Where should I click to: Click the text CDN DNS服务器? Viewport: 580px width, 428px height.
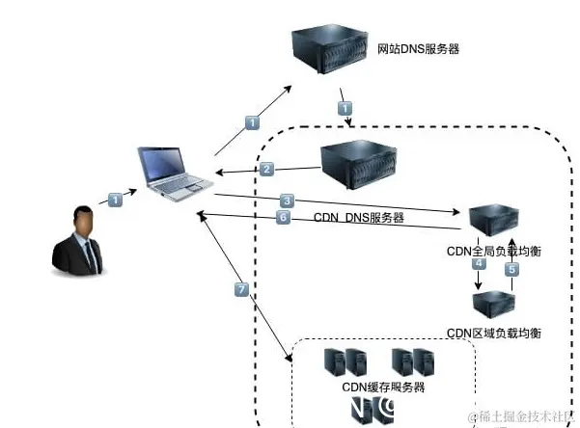coord(359,219)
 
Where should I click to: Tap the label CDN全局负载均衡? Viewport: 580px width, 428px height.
coord(494,252)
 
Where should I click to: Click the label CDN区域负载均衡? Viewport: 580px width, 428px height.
coord(494,334)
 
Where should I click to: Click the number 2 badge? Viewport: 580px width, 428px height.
coord(267,169)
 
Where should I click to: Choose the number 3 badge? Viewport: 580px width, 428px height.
coord(287,201)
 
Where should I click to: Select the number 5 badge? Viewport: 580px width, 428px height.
coord(512,271)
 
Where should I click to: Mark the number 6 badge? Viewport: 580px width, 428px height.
coord(283,218)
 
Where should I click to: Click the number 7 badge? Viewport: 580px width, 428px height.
coord(242,289)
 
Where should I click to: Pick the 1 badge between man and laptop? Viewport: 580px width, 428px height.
coord(115,200)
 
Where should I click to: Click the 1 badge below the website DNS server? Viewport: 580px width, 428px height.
coord(345,108)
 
